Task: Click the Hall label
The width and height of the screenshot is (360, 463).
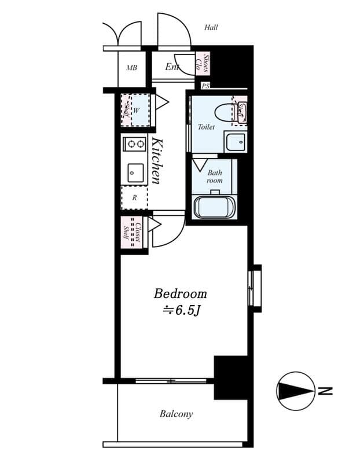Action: [211, 27]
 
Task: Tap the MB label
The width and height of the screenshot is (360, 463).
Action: [131, 68]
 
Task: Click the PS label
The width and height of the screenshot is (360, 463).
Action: [205, 86]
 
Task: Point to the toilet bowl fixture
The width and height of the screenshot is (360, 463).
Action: [223, 111]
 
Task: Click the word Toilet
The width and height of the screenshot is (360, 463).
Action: [206, 127]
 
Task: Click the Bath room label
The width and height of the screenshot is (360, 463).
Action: [215, 177]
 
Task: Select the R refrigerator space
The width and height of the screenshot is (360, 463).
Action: [134, 197]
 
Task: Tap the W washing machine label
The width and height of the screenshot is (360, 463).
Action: [137, 110]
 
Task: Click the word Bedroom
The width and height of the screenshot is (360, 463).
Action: [180, 293]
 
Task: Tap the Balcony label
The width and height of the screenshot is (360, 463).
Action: [176, 414]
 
